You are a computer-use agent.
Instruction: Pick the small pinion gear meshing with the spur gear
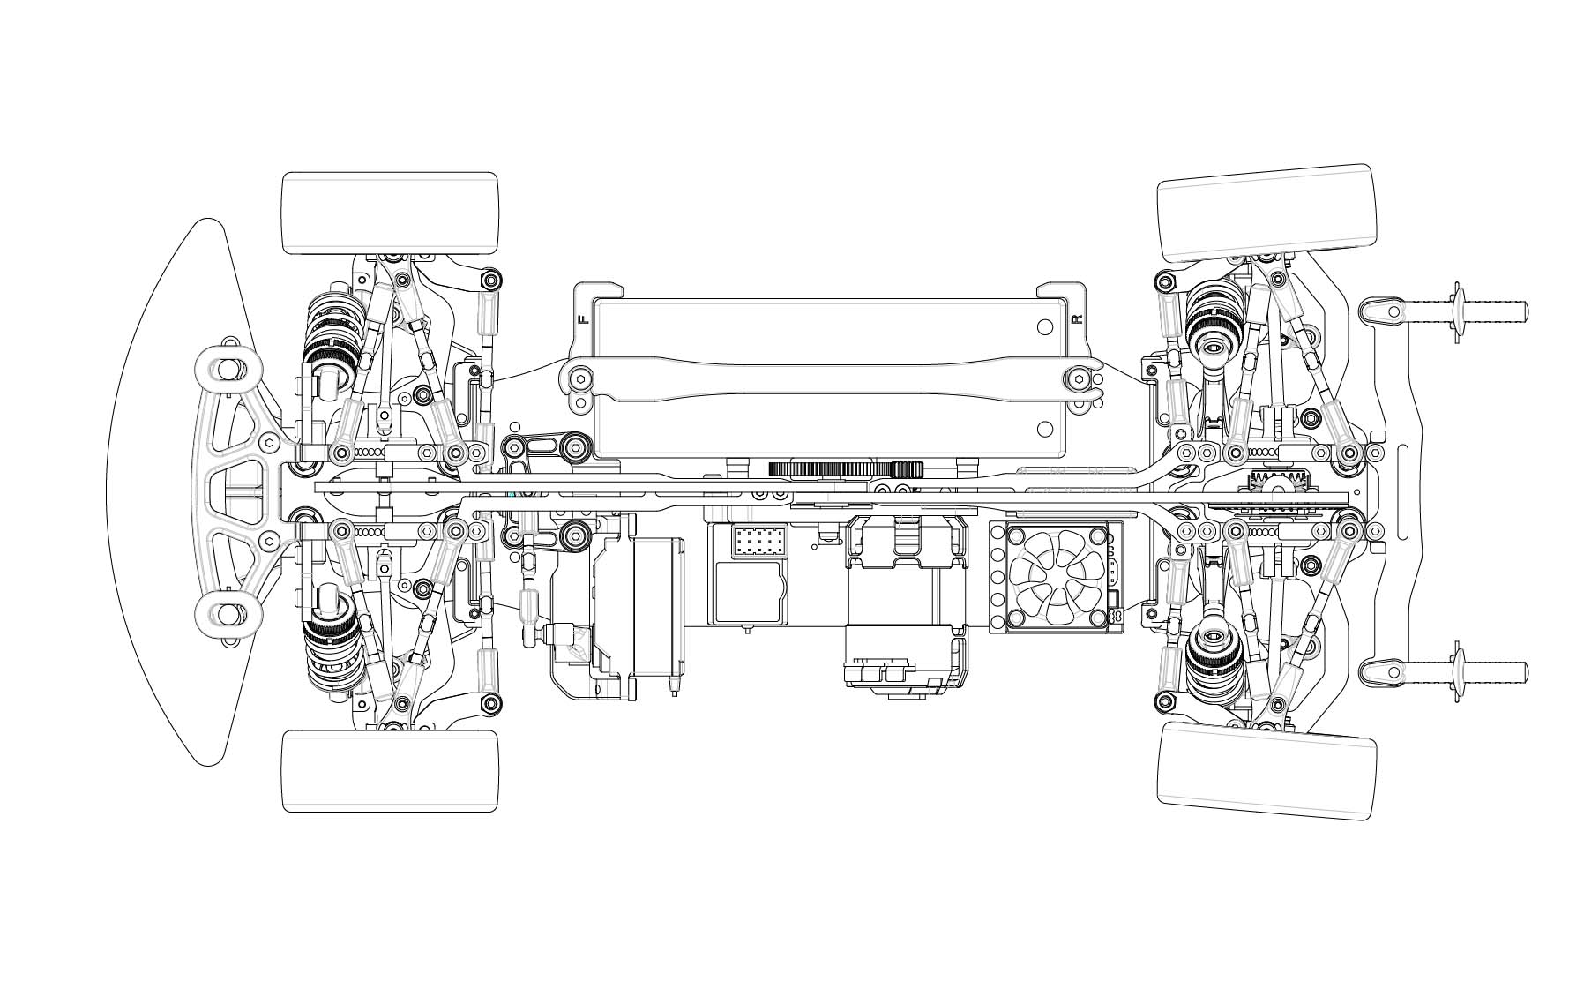click(x=908, y=469)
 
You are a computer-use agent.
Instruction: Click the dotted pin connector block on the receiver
click(x=753, y=542)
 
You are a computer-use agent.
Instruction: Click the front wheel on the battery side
click(x=390, y=213)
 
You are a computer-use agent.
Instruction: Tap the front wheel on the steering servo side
click(x=390, y=770)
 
